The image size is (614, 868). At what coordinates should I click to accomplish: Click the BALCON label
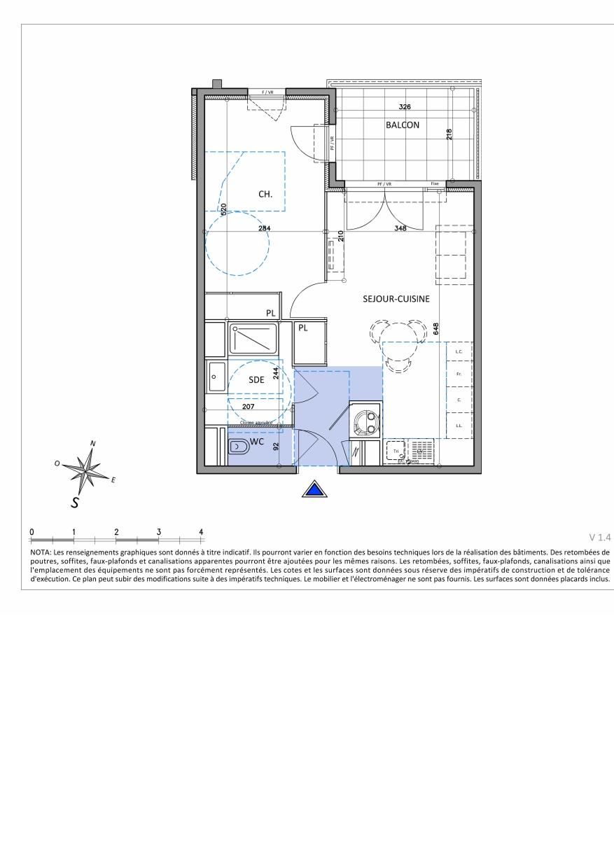tap(403, 125)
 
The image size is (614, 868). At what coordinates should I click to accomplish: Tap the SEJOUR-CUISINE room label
tap(396, 298)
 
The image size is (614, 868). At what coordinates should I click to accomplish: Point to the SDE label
tap(257, 380)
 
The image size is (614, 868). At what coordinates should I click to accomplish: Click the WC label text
tap(257, 442)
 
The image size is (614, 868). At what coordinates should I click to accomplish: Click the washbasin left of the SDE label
tap(216, 378)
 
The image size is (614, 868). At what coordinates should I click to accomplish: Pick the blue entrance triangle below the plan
tap(315, 490)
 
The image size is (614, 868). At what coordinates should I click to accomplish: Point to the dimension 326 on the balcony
tap(405, 107)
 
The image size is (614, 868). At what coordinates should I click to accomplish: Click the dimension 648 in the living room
tap(435, 328)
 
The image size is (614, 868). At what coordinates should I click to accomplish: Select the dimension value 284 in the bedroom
tap(263, 228)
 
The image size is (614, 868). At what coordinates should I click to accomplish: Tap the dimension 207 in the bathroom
tap(248, 406)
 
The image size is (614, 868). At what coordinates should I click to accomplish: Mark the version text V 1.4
tap(600, 538)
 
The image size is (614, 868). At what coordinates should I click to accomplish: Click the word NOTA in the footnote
tap(41, 552)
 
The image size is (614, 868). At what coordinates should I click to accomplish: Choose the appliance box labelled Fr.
tap(459, 375)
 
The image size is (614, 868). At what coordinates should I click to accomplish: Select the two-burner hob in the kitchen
tap(366, 421)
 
